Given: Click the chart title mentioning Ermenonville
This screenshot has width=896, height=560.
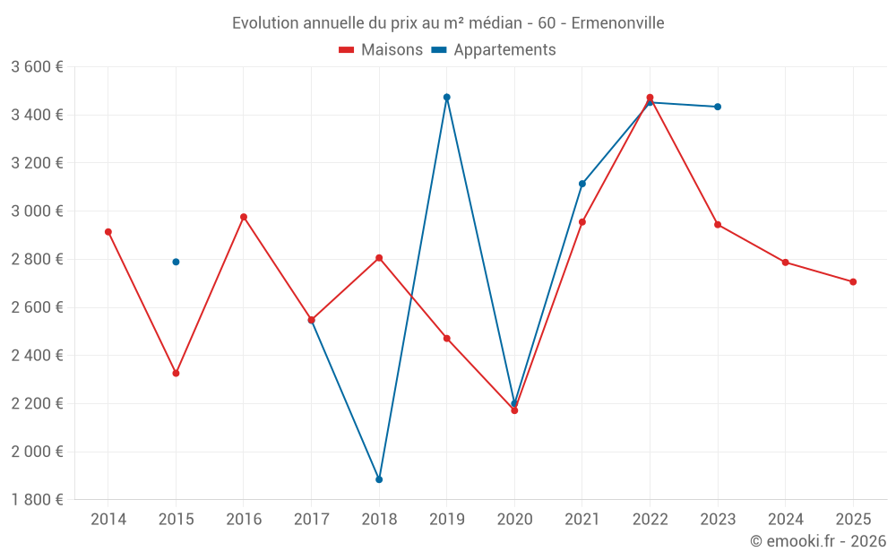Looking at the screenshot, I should click(x=448, y=23).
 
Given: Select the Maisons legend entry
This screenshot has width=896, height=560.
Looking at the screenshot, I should click(x=381, y=50).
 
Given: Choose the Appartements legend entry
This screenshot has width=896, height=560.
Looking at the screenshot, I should click(x=494, y=50).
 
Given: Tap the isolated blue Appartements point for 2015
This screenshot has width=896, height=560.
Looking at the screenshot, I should click(x=176, y=262).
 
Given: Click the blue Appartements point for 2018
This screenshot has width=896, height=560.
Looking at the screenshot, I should click(x=379, y=479).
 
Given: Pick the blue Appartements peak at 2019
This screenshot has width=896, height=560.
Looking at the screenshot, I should click(x=446, y=97).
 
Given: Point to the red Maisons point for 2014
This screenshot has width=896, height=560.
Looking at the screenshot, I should click(x=108, y=232).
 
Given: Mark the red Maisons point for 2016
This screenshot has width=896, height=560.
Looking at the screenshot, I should click(x=244, y=217).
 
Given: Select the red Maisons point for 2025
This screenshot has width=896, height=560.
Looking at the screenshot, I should click(x=853, y=282).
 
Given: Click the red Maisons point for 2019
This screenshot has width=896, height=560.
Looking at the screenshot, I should click(x=446, y=339).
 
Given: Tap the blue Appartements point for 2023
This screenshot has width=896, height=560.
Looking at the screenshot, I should click(x=718, y=107).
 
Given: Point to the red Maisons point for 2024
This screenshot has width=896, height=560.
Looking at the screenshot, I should click(x=785, y=263).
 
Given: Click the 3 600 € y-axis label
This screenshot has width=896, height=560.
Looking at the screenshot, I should click(x=37, y=67).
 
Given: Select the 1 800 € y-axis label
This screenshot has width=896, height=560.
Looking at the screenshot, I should click(x=37, y=500).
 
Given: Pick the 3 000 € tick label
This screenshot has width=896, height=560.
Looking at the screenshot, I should click(x=37, y=211).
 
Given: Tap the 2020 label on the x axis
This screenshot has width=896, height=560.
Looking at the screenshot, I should click(x=514, y=520).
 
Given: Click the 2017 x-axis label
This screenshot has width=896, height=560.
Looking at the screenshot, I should click(x=311, y=520).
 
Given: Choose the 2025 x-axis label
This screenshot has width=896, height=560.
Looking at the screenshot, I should click(x=853, y=520).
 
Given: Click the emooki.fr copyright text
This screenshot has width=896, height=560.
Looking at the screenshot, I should click(x=817, y=541).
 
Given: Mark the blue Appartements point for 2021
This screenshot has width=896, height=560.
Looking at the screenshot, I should click(x=582, y=184).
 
